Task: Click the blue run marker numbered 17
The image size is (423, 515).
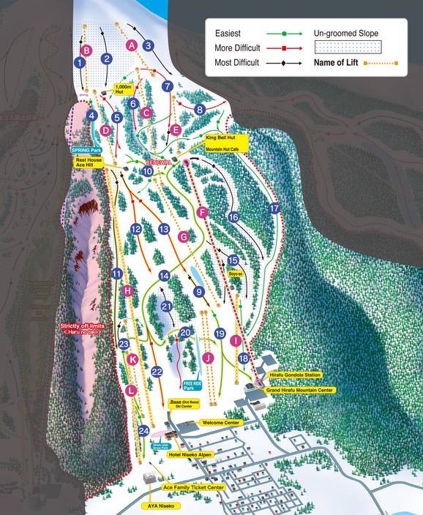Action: click(x=274, y=208)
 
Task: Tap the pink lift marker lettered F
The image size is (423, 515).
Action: click(x=203, y=212)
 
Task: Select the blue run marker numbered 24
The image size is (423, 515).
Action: click(x=143, y=431)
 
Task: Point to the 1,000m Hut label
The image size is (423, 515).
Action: click(x=123, y=89)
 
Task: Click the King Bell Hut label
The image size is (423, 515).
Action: click(x=220, y=137)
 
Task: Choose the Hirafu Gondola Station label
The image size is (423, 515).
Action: click(x=295, y=375)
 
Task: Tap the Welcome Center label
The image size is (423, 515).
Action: click(x=222, y=423)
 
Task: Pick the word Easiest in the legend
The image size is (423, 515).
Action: click(x=228, y=34)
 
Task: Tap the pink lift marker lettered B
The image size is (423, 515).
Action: click(x=87, y=50)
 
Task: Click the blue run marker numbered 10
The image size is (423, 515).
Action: click(x=148, y=170)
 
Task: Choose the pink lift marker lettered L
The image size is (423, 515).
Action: click(x=130, y=391)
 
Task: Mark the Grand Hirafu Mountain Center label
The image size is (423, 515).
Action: click(x=300, y=391)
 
